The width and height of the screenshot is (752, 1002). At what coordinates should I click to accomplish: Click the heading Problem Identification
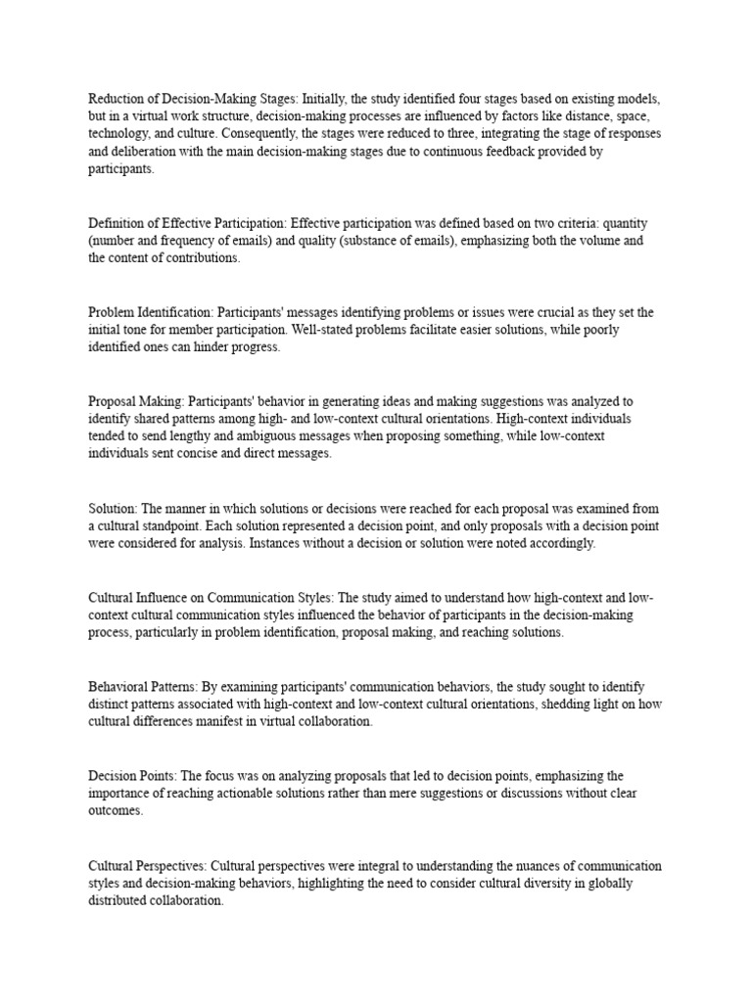[148, 312]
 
